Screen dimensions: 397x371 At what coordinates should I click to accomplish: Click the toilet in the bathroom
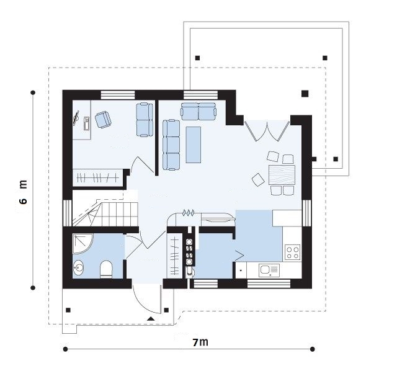pos(106,269)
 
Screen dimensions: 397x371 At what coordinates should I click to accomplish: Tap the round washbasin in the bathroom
pos(79,267)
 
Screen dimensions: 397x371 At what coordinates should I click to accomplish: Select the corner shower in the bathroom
pos(83,243)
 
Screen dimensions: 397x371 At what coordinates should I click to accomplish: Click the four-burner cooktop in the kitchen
pos(293,252)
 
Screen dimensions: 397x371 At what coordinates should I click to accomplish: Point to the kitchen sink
pos(269,270)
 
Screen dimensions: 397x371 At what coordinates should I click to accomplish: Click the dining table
pos(282,175)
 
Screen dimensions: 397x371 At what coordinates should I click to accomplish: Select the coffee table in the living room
pos(194,145)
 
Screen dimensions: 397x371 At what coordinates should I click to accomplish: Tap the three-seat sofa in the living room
pos(171,145)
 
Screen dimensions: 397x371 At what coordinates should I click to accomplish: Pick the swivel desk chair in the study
pos(103,120)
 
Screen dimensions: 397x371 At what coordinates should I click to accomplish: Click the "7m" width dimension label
pos(200,342)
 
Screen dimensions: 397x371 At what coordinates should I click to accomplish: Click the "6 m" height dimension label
pos(23,192)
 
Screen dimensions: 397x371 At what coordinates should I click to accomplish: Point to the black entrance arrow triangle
pos(151,319)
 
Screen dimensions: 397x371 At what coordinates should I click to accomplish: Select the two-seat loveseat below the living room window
pos(198,111)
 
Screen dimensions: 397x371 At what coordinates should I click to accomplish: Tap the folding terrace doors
pos(267,131)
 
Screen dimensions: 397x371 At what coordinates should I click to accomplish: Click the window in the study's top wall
pos(118,95)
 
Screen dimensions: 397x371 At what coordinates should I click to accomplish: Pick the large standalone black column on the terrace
pos(305,94)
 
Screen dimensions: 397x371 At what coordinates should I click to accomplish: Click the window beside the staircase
pos(68,213)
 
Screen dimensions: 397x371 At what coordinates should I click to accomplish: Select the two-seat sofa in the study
pos(145,120)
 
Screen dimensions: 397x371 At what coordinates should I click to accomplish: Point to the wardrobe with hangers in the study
pos(98,177)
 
